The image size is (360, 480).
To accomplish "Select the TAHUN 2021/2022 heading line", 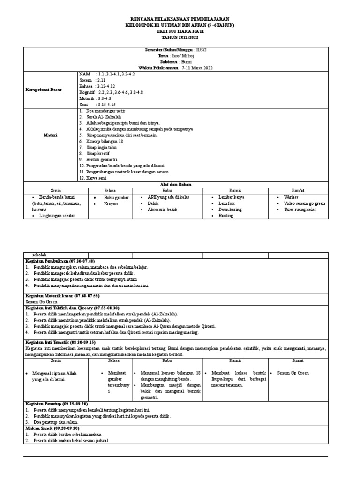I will point(180,37).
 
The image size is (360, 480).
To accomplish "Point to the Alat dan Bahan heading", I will point(180,184).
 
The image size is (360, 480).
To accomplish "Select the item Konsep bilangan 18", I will point(102,141).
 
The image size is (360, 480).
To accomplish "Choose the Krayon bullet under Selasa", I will point(112,204).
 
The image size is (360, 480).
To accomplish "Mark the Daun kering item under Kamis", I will point(230,210).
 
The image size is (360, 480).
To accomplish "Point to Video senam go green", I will point(304,204).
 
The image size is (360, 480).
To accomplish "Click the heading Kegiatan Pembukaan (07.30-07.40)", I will point(60,261).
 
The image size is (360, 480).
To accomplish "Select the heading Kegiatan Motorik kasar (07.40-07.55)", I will point(62,296).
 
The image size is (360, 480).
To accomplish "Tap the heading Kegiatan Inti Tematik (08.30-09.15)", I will point(60,343).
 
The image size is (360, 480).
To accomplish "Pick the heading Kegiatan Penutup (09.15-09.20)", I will point(57,404).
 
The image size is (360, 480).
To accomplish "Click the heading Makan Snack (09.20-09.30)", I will point(52,428).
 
